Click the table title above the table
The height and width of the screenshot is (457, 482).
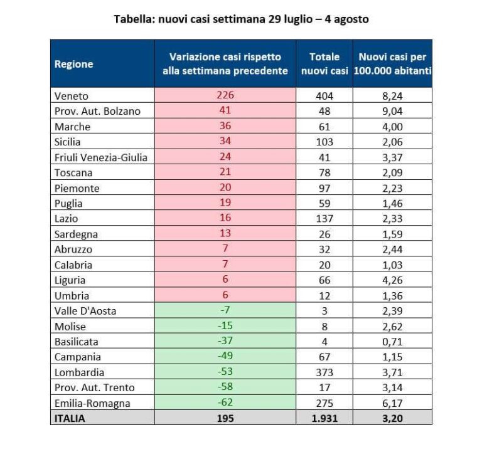pyautogui.click(x=241, y=19)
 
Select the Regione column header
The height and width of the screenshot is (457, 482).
pyautogui.click(x=74, y=63)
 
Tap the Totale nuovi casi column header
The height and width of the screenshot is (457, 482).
pyautogui.click(x=324, y=63)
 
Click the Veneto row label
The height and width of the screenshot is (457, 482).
pyautogui.click(x=72, y=96)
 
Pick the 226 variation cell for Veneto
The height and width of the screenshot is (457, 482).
pyautogui.click(x=225, y=95)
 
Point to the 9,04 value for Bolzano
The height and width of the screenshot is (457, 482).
pyautogui.click(x=392, y=111)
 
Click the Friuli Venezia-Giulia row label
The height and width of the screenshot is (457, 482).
pyautogui.click(x=100, y=157)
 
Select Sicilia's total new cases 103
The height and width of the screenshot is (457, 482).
pyautogui.click(x=324, y=142)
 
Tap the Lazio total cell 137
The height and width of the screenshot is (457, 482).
pyautogui.click(x=324, y=219)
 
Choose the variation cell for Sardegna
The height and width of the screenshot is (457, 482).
pyautogui.click(x=225, y=234)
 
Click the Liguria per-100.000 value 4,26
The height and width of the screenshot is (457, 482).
pyautogui.click(x=392, y=280)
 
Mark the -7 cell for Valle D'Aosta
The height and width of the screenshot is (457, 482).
pyautogui.click(x=225, y=311)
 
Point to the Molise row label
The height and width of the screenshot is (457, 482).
pyautogui.click(x=70, y=327)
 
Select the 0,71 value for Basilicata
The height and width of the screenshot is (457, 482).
pyautogui.click(x=392, y=342)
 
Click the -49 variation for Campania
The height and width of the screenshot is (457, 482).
pyautogui.click(x=225, y=357)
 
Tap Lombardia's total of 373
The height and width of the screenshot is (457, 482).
pyautogui.click(x=324, y=372)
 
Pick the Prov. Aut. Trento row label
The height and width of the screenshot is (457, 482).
pyautogui.click(x=94, y=388)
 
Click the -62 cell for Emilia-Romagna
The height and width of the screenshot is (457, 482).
pyautogui.click(x=225, y=403)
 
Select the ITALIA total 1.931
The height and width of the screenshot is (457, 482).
pyautogui.click(x=324, y=418)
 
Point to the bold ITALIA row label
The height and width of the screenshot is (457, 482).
pyautogui.click(x=70, y=418)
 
